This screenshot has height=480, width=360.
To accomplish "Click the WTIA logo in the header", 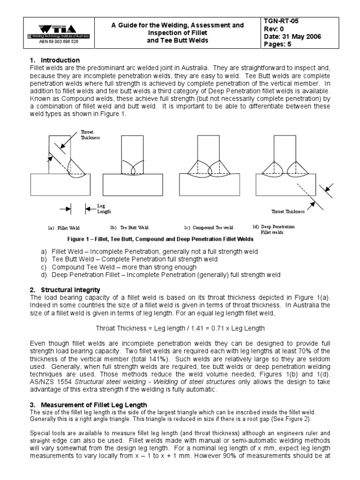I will click(x=58, y=30).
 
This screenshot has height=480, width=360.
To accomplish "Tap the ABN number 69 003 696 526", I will click(x=58, y=42).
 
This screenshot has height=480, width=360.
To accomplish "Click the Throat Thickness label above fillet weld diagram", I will click(x=90, y=135).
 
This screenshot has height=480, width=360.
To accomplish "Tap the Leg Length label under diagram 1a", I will click(x=104, y=209).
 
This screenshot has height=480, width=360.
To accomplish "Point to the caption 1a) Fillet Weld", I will click(x=63, y=228).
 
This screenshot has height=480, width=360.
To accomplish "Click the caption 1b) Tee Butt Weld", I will click(x=129, y=228).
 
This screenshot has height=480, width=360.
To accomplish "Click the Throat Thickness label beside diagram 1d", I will click(x=288, y=211).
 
